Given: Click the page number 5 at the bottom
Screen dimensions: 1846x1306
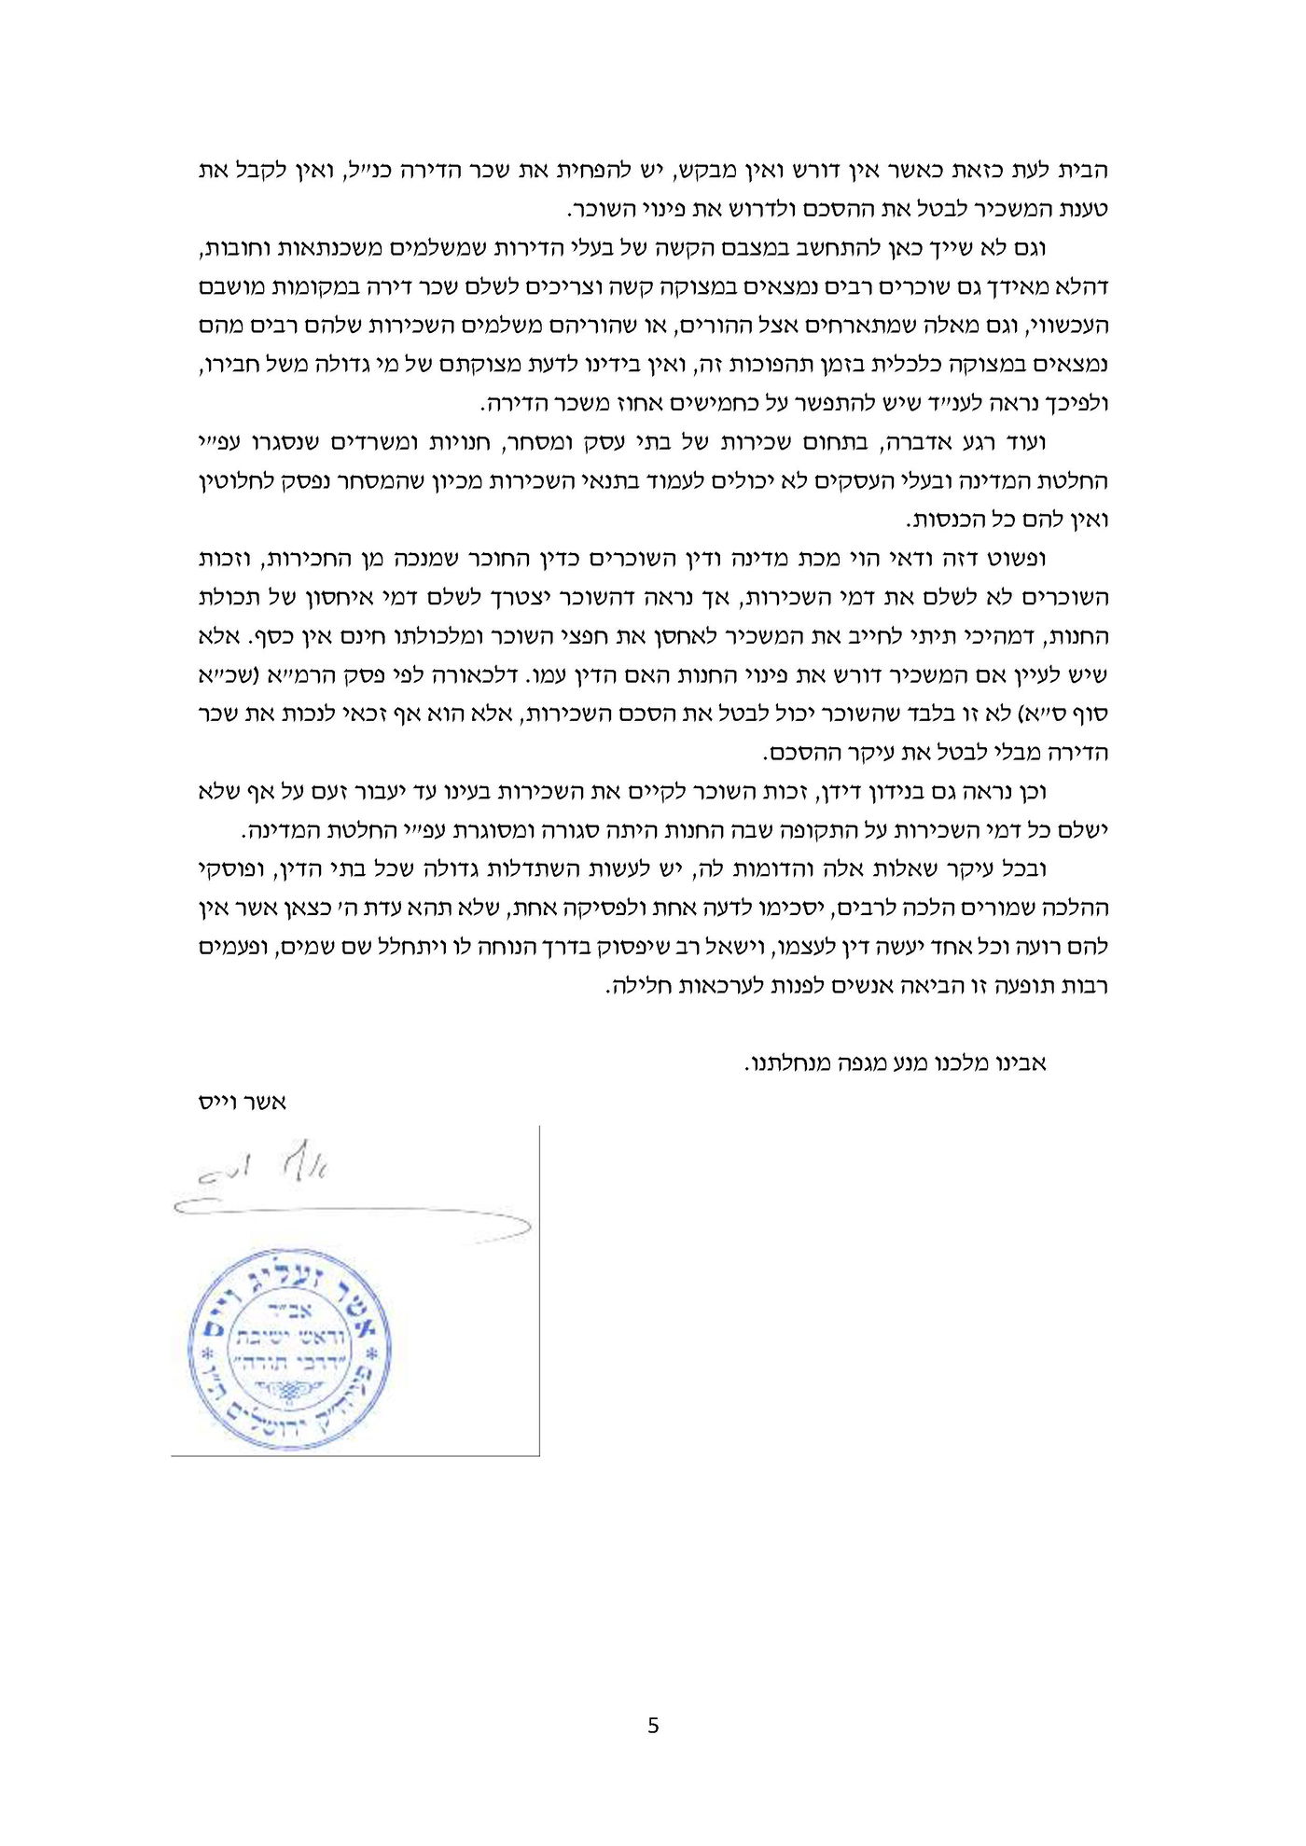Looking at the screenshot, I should [653, 1726].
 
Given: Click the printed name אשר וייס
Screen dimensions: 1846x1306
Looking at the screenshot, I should [243, 1102].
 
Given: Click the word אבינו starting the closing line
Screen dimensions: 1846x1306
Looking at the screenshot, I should [1019, 1063].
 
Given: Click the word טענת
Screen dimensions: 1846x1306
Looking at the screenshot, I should [1083, 210].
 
